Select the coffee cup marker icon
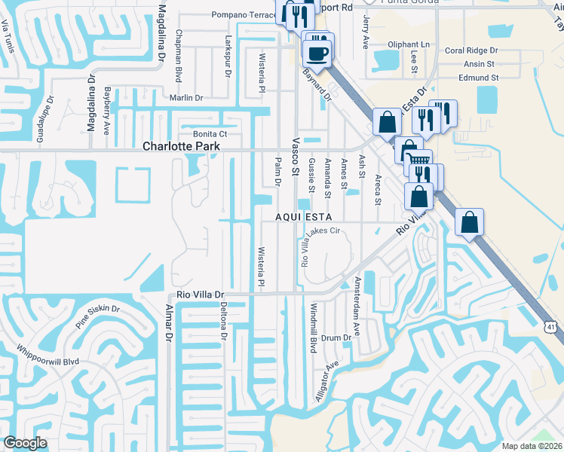click(x=316, y=52)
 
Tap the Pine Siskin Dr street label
click(x=97, y=316)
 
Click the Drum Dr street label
click(x=336, y=338)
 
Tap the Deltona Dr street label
click(x=223, y=321)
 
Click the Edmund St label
click(x=479, y=78)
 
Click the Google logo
click(x=26, y=443)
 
